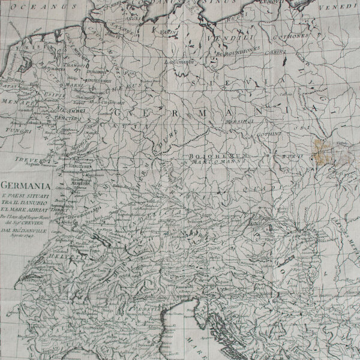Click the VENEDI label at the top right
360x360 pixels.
[345, 10]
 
